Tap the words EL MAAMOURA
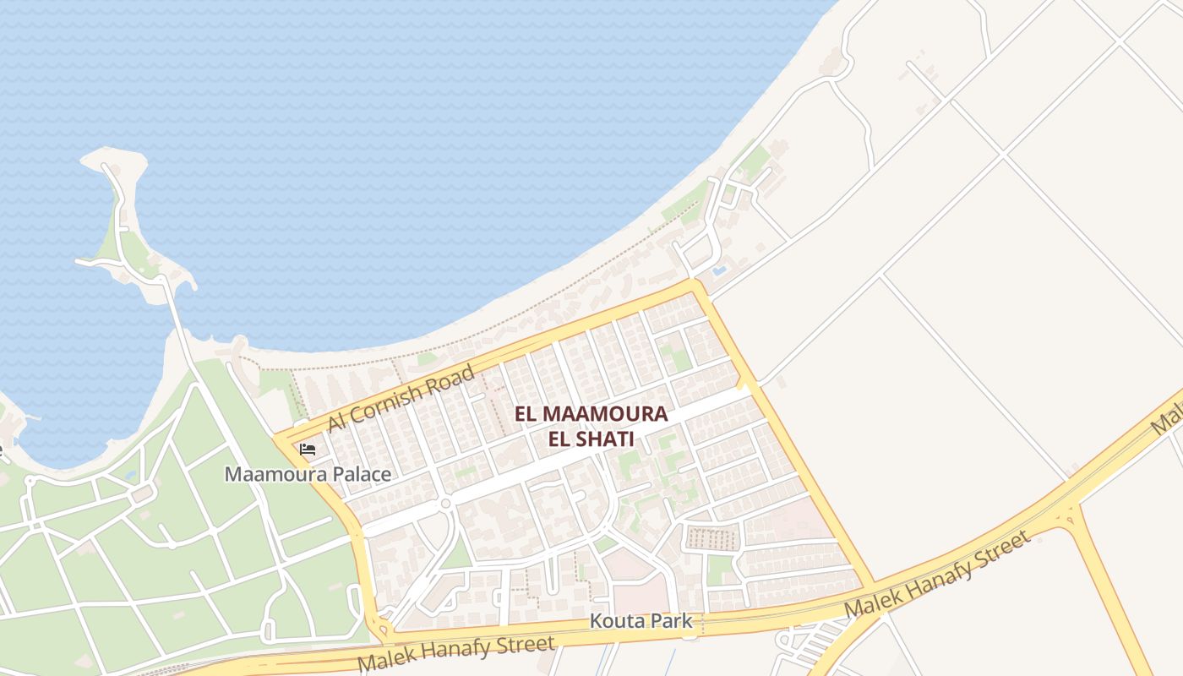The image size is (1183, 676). coord(591,414)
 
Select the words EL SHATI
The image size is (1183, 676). coord(591,439)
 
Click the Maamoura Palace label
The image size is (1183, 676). coord(308,474)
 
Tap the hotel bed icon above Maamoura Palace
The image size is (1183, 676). coord(308,450)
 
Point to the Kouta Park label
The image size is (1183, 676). coord(641,622)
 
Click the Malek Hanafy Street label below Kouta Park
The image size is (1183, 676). coord(456,653)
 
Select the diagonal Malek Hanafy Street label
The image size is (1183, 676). coord(938,575)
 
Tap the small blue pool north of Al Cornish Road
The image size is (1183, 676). coord(718,271)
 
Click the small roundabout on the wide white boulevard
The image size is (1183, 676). coord(445,504)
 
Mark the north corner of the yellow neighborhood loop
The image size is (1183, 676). coord(695,285)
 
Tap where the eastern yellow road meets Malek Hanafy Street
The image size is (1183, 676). coord(870,587)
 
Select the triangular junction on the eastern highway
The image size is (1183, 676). coord(1069,512)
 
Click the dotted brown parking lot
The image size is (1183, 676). coord(710,537)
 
